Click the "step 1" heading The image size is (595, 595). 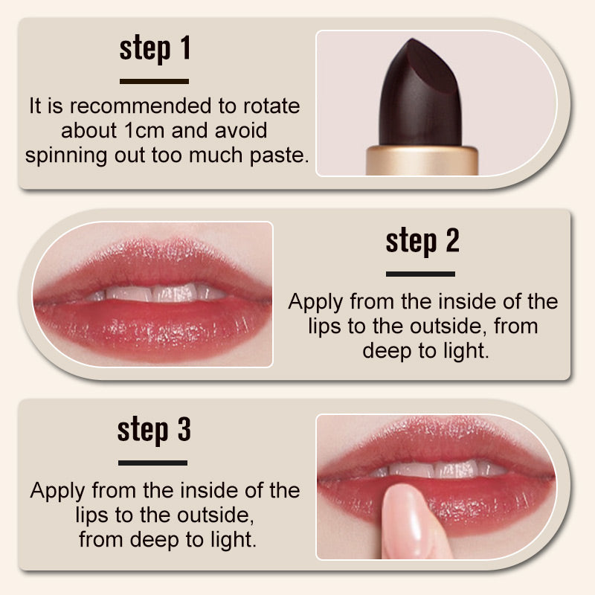tap(155, 49)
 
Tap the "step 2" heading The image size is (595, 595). tap(422, 241)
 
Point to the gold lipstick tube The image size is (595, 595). tap(422, 160)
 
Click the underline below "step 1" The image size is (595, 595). tap(154, 81)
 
